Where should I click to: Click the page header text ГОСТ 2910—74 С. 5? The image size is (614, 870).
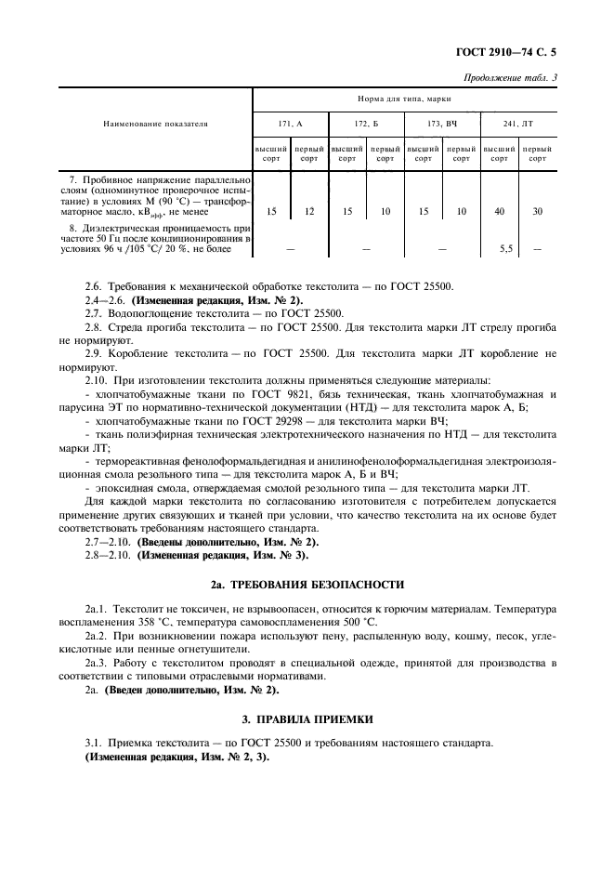(x=508, y=55)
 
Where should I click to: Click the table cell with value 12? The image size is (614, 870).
(x=309, y=212)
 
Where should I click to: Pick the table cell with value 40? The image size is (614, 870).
(x=500, y=212)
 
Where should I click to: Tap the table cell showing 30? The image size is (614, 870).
(x=537, y=212)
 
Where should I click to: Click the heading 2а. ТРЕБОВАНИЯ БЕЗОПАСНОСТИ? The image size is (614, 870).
(x=307, y=585)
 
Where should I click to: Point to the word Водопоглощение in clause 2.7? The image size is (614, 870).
(x=150, y=314)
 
